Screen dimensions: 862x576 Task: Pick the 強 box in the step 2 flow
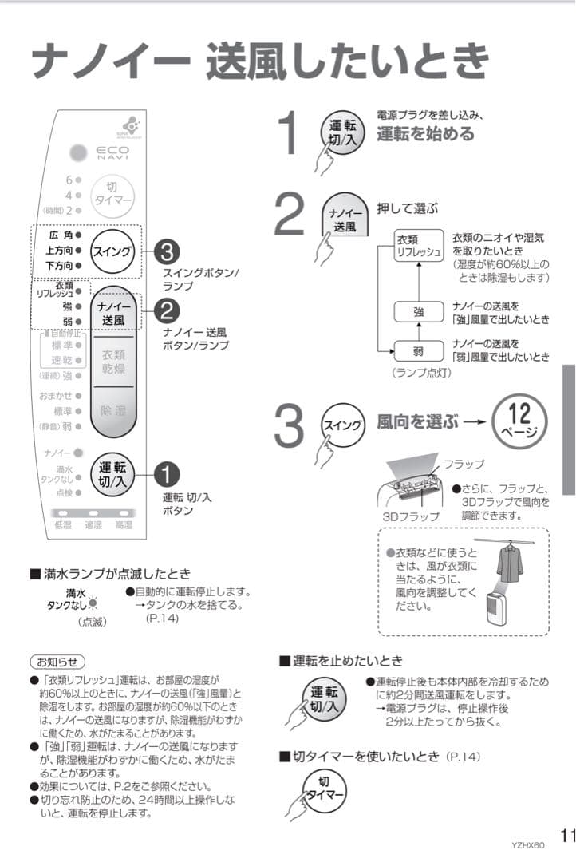(419, 312)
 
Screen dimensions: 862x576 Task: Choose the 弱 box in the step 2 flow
(419, 350)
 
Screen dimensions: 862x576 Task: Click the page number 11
(566, 835)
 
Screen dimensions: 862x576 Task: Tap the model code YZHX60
(527, 845)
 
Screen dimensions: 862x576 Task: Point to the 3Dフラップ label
(412, 516)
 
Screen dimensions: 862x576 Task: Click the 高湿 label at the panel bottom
(124, 525)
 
